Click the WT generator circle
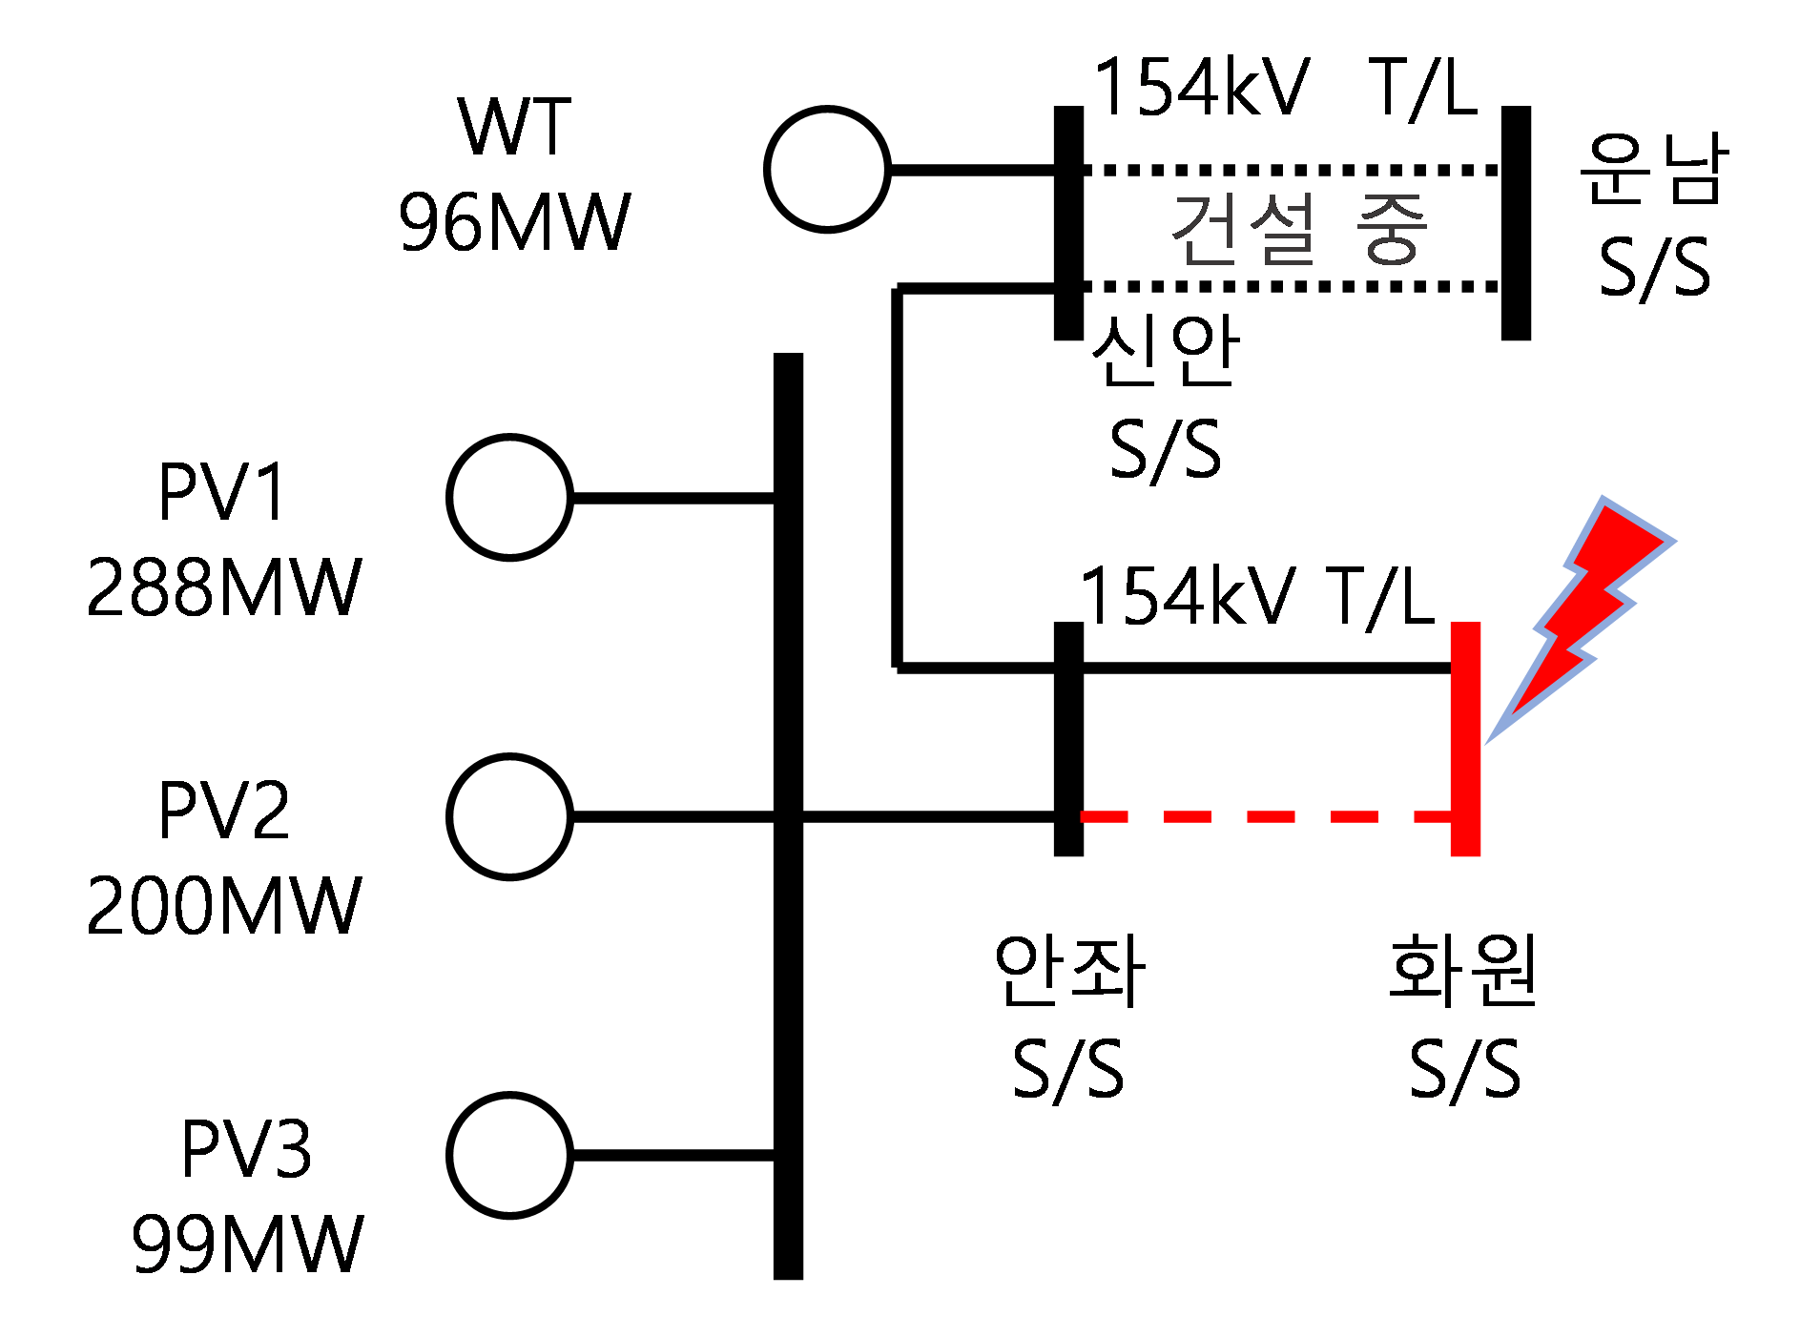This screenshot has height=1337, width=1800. [x=827, y=169]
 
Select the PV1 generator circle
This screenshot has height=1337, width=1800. [x=510, y=497]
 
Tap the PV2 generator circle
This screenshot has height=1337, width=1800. [x=510, y=816]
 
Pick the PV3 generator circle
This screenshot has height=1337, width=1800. [x=510, y=1155]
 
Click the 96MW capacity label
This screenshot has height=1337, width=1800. [x=514, y=222]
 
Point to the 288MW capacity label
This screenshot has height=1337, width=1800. [x=224, y=586]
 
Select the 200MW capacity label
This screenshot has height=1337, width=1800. [x=224, y=905]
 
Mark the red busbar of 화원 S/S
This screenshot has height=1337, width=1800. [x=1465, y=739]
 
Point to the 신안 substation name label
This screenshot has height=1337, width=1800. [x=1165, y=351]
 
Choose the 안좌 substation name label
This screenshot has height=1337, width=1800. [x=1068, y=970]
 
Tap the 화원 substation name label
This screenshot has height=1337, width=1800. [x=1463, y=970]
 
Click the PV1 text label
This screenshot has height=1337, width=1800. [x=222, y=492]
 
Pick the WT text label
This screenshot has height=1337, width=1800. [x=514, y=126]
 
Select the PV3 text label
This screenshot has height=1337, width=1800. [x=247, y=1148]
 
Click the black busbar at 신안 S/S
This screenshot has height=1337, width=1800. [x=1068, y=223]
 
